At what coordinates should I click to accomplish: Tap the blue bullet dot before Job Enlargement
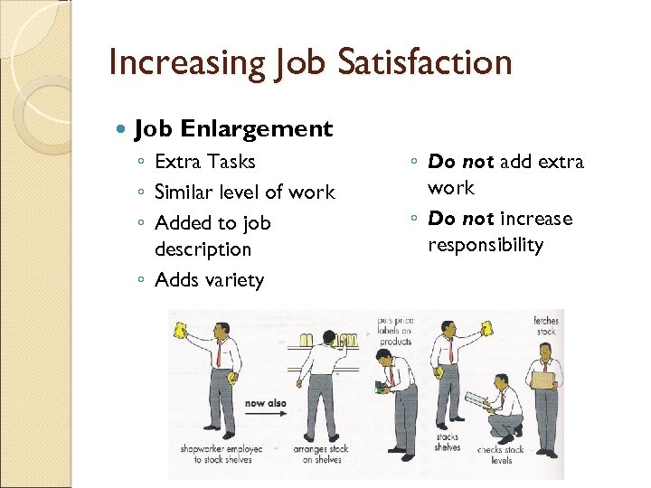(124, 129)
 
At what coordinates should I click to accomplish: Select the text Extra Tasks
(205, 162)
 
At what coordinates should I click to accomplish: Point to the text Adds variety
(209, 280)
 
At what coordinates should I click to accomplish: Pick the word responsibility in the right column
(485, 245)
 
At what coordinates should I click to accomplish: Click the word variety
(235, 280)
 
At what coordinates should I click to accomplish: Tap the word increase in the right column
(536, 219)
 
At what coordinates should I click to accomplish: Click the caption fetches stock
(546, 326)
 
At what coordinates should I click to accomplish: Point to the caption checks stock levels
(501, 455)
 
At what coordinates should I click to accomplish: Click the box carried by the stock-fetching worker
(543, 380)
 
